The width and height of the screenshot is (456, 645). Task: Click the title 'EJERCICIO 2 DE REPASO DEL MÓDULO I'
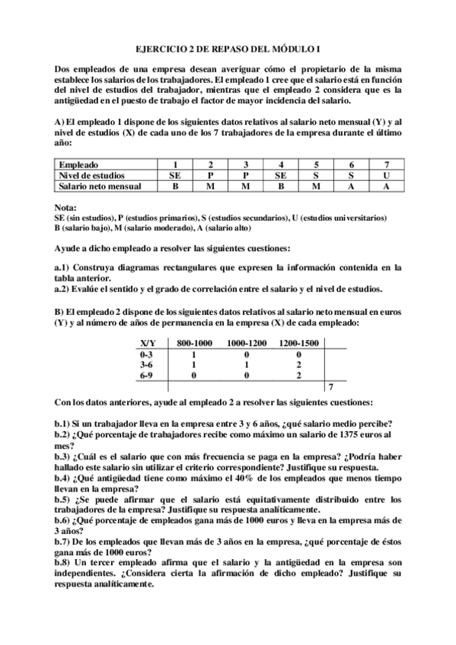(228, 46)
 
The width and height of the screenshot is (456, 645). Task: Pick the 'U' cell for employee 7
(386, 175)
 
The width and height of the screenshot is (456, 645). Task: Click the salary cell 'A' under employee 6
(351, 186)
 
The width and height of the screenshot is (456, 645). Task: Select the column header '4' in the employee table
(282, 164)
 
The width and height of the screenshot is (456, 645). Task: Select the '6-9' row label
(148, 376)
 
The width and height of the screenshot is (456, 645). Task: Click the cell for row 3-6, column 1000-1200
(247, 365)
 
